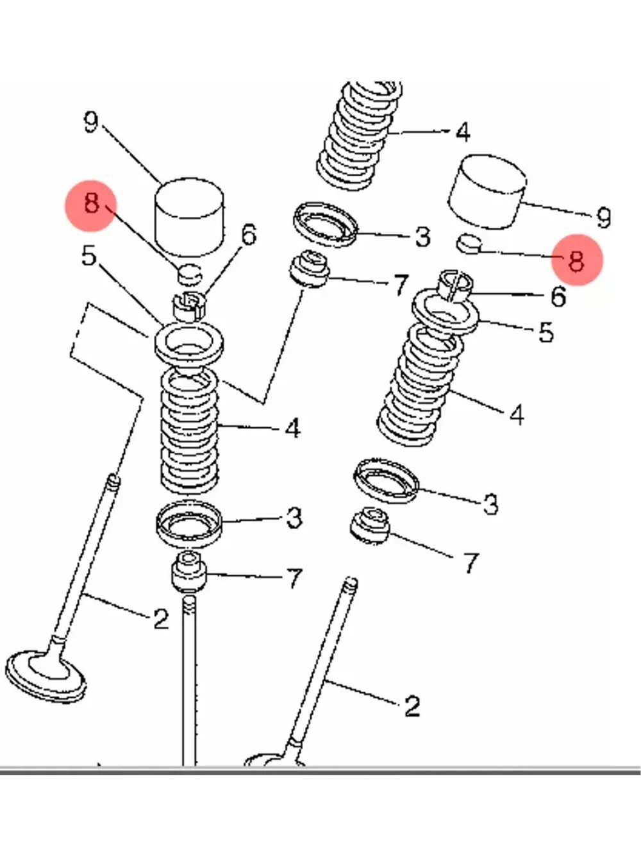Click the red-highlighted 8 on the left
pos(92,205)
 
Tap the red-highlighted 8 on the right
pos(576,260)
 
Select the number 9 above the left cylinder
pos(92,122)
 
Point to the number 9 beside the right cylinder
pos(603,218)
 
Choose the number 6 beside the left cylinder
pos(248,235)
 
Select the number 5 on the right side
pos(545,332)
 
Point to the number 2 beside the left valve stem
pos(160,619)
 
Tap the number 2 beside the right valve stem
pos(412,706)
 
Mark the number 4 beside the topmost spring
pos(462,132)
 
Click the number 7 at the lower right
pos(471,563)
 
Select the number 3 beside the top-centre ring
pos(422,237)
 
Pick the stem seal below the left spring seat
pos(188,572)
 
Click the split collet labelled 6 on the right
pos(454,284)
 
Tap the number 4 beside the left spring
pos(292,428)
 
